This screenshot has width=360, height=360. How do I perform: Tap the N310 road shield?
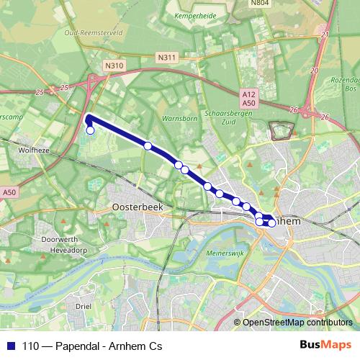click(114, 66)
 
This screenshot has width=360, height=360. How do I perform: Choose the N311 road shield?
click(166, 57)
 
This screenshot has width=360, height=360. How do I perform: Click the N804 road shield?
click(260, 4)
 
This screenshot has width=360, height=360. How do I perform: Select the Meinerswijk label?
click(207, 253)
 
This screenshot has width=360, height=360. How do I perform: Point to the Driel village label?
click(84, 305)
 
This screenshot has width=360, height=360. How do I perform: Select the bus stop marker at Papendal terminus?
click(91, 130)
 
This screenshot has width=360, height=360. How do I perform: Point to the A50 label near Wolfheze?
click(9, 192)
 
